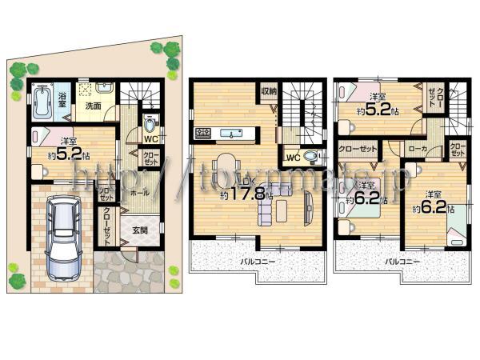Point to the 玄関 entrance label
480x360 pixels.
pyautogui.click(x=140, y=233)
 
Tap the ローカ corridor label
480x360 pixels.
pyautogui.click(x=417, y=149)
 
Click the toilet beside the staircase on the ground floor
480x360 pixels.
pyautogui.click(x=149, y=126)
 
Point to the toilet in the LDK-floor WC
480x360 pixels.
pyautogui.click(x=311, y=158)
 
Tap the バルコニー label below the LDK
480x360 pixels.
pyautogui.click(x=258, y=261)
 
